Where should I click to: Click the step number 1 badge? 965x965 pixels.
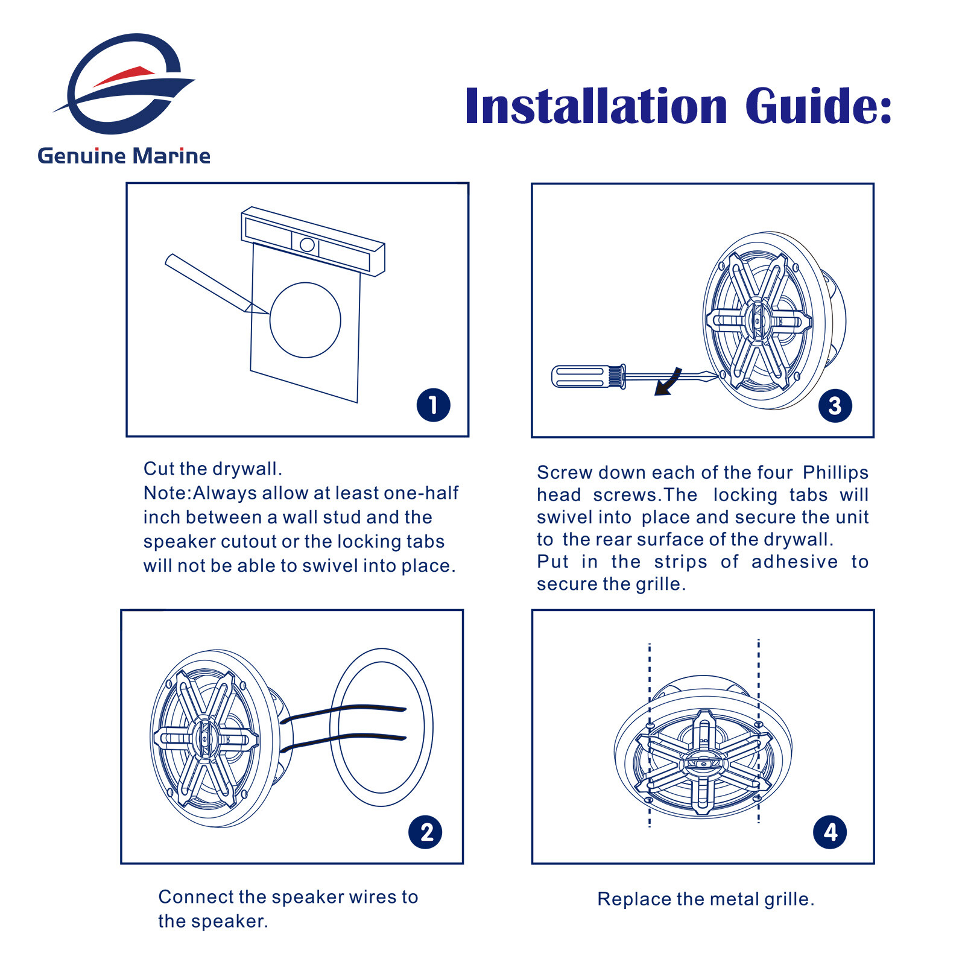click(x=433, y=405)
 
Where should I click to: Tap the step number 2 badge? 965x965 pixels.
click(x=425, y=832)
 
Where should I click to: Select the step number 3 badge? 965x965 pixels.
click(x=835, y=405)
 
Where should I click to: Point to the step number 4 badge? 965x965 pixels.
click(x=830, y=832)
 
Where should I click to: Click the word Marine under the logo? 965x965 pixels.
click(x=171, y=156)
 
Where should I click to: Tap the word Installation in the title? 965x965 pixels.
click(x=596, y=106)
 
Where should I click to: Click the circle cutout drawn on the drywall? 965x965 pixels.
click(x=305, y=320)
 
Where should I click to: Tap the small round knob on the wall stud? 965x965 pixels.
click(x=307, y=244)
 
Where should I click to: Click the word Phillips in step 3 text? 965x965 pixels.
click(x=835, y=473)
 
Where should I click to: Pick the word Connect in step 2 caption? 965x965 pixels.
click(x=195, y=897)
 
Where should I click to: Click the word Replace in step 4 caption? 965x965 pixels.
click(x=634, y=899)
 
